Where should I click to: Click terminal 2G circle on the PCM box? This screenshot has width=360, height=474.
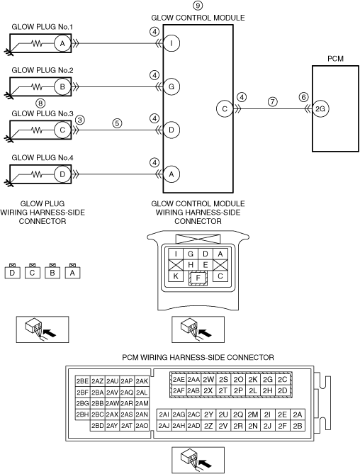[x=320, y=108]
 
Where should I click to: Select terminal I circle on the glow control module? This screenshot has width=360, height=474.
[x=171, y=43]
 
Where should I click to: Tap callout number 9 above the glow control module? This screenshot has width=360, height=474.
[x=198, y=6]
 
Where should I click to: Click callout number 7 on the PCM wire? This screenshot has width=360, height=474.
[x=273, y=101]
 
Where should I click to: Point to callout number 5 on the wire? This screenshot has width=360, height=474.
[x=117, y=123]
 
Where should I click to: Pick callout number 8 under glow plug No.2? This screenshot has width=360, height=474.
[x=40, y=103]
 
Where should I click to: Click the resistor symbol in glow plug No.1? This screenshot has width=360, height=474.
[x=37, y=44]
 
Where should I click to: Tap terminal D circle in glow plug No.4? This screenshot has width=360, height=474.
[x=62, y=174]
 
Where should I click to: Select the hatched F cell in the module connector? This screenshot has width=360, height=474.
[x=198, y=278]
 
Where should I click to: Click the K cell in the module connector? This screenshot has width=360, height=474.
[x=176, y=276]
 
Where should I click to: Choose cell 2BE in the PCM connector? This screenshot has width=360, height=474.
[x=82, y=381]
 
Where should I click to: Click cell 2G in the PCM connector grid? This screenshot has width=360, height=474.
[x=267, y=379]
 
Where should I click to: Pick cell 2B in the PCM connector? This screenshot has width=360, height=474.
[x=298, y=426]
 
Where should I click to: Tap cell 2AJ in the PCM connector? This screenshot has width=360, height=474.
[x=164, y=426]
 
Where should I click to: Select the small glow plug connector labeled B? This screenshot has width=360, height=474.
[x=52, y=272]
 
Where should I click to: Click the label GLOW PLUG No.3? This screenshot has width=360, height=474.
[x=43, y=113]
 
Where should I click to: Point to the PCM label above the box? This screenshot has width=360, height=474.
[x=335, y=59]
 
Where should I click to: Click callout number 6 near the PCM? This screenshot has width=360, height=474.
[x=303, y=97]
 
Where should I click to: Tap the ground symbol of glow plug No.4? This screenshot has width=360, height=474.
[x=9, y=182]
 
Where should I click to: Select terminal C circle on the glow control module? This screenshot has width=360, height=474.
[x=225, y=108]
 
